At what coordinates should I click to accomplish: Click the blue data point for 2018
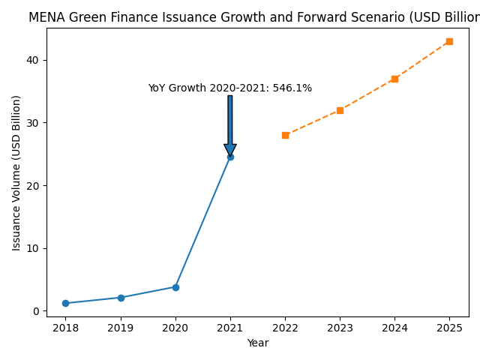[65, 303]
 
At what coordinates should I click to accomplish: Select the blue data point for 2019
[121, 298]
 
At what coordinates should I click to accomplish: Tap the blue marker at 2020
[175, 287]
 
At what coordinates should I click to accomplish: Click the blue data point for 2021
[230, 157]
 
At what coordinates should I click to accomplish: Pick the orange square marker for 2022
[285, 135]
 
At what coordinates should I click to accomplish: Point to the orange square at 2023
[340, 110]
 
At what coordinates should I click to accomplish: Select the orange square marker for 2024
[394, 79]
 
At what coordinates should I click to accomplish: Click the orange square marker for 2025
[449, 41]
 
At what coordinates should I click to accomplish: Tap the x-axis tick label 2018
[65, 328]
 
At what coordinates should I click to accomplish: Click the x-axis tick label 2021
[230, 328]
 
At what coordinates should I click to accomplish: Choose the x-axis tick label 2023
[340, 328]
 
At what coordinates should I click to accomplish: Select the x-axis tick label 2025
[449, 328]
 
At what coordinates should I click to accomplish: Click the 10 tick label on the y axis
[34, 248]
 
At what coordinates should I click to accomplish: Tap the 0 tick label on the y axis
[37, 311]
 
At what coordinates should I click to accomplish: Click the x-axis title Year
[258, 343]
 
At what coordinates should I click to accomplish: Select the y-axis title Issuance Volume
[16, 172]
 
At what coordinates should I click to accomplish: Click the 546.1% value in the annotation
[292, 88]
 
